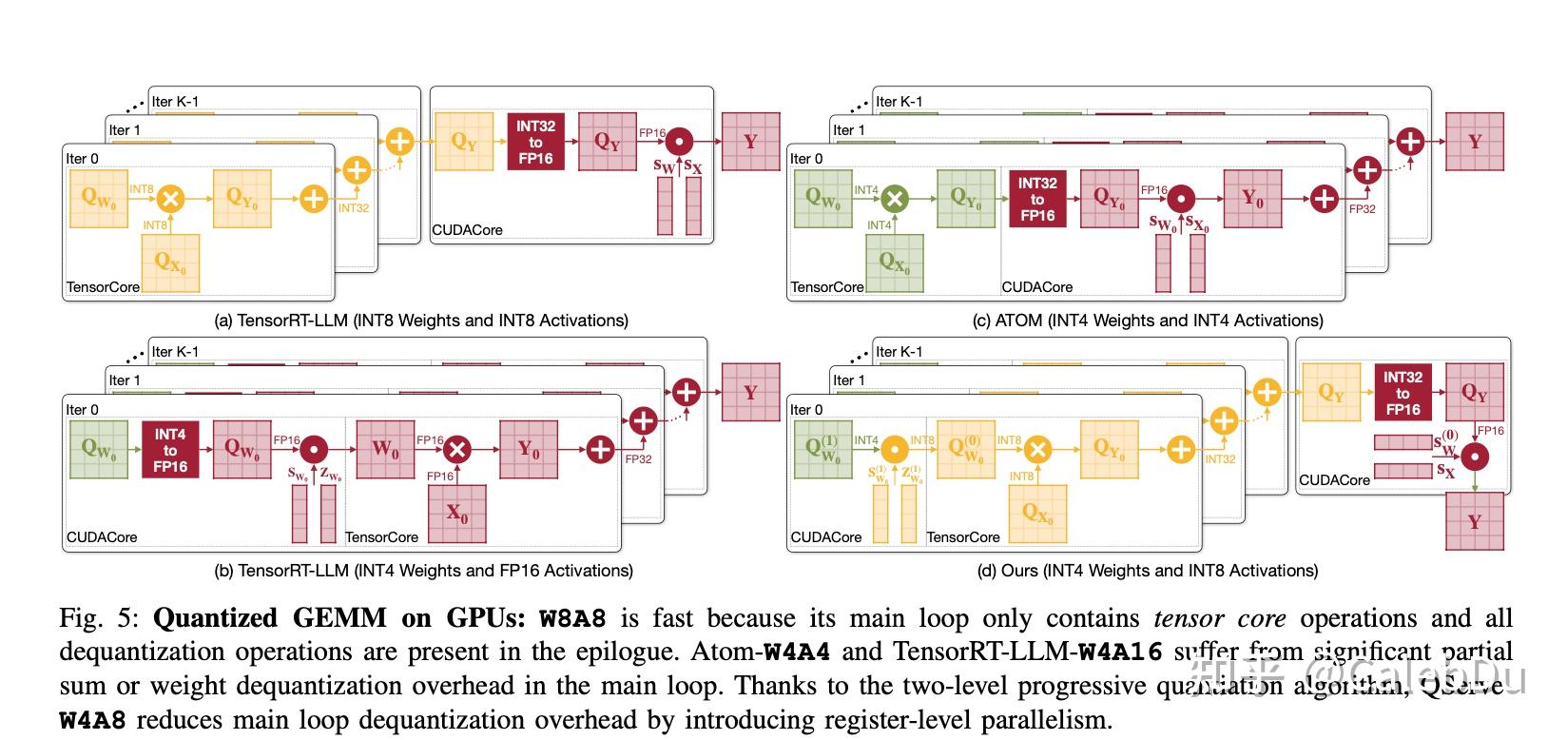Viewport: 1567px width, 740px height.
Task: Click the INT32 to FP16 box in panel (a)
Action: pyautogui.click(x=535, y=142)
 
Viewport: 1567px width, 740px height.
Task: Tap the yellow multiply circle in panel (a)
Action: pyautogui.click(x=170, y=199)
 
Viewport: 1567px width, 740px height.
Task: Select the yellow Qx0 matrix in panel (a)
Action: pyautogui.click(x=170, y=263)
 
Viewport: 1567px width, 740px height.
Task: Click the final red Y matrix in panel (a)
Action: pyautogui.click(x=750, y=142)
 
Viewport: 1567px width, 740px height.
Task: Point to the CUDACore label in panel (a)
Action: pyautogui.click(x=467, y=230)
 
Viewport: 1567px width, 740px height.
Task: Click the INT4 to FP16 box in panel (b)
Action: pyautogui.click(x=170, y=450)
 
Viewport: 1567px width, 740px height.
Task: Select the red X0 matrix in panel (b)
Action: pyautogui.click(x=457, y=515)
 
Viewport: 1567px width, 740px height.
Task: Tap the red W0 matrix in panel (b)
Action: pyautogui.click(x=385, y=449)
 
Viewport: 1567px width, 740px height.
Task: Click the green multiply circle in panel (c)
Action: pyautogui.click(x=894, y=199)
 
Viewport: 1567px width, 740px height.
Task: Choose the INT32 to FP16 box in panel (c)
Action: pyautogui.click(x=1037, y=200)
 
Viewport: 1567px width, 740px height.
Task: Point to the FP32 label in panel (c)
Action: pyautogui.click(x=1362, y=208)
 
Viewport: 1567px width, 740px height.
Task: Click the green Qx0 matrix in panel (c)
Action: pyautogui.click(x=895, y=263)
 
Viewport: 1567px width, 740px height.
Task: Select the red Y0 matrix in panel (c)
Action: pyautogui.click(x=1252, y=199)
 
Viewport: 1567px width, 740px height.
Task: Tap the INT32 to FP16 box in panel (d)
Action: pyautogui.click(x=1403, y=393)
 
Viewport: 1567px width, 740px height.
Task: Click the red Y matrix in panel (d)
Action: pyautogui.click(x=1475, y=521)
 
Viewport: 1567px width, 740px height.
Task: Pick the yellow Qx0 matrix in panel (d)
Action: pyautogui.click(x=1037, y=514)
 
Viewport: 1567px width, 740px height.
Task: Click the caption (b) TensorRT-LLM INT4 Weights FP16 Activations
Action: pyautogui.click(x=423, y=571)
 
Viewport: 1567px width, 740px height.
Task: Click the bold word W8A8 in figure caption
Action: pyautogui.click(x=572, y=619)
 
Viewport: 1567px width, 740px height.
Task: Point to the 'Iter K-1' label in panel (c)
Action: pyautogui.click(x=899, y=102)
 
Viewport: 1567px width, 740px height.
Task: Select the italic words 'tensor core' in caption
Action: pyautogui.click(x=1219, y=619)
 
